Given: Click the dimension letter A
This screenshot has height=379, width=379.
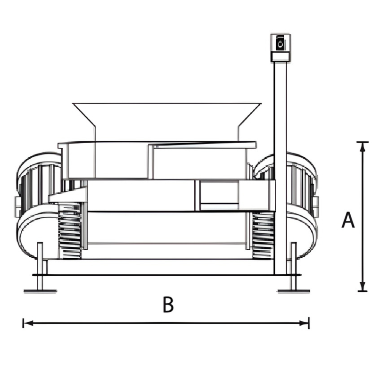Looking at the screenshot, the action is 348,220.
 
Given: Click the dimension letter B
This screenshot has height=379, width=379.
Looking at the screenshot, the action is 168,304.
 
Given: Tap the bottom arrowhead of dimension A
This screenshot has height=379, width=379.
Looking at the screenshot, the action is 362,287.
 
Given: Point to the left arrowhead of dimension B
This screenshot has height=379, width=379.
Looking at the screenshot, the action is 28,323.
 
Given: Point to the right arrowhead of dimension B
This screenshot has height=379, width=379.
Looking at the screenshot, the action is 304,323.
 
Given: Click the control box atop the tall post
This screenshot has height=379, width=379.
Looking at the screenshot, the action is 280,48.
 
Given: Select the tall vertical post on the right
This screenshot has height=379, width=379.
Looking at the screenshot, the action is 280,168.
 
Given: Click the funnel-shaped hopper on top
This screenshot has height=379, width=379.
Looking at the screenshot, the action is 167,122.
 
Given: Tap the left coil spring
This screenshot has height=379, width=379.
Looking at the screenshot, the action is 70,231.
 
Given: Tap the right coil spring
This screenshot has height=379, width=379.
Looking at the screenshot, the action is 263,235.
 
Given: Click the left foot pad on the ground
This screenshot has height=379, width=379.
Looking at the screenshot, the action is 40,291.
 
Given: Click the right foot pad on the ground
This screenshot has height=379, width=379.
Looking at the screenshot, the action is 294,291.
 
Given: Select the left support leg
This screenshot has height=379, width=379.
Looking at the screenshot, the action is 40,266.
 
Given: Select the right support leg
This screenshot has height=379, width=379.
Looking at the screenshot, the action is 294,266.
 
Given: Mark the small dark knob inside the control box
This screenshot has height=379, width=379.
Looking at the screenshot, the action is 280,44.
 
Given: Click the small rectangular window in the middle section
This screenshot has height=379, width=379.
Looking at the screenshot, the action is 219,193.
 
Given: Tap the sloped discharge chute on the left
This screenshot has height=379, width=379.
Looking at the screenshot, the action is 68,195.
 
